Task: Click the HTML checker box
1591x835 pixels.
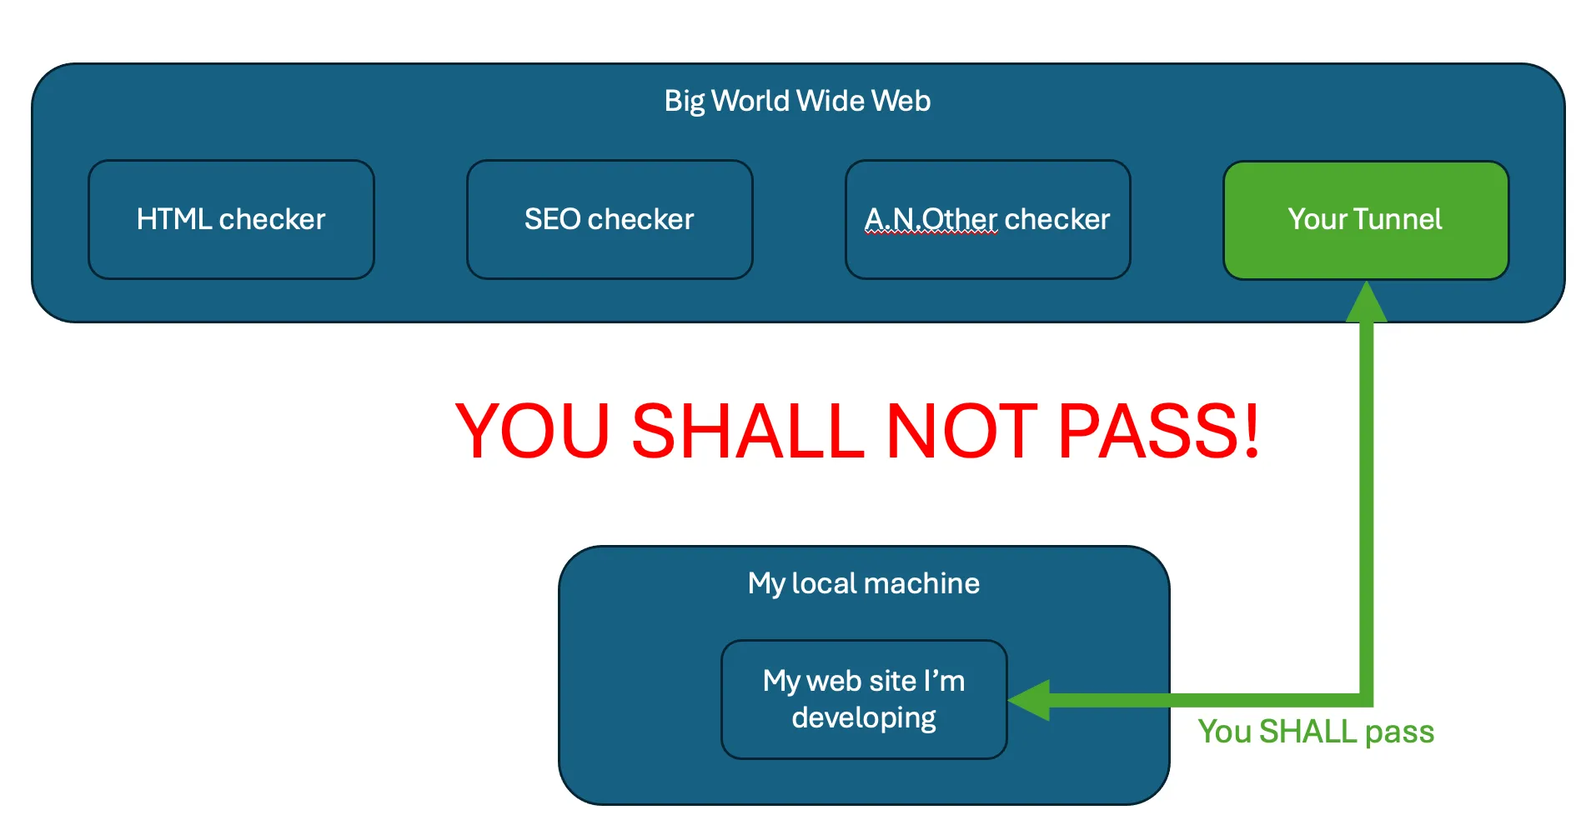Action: click(231, 219)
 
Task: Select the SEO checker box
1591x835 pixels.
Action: click(610, 219)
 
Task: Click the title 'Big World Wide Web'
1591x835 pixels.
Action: click(797, 101)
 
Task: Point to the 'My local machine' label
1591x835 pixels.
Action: click(864, 583)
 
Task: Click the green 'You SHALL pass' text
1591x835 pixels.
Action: click(1316, 732)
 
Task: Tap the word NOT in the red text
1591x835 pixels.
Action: click(961, 431)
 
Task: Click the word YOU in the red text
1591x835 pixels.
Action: click(534, 431)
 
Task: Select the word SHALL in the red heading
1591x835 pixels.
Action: click(748, 431)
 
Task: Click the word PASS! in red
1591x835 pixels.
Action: click(1159, 431)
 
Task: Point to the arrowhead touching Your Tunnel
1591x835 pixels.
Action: click(1367, 302)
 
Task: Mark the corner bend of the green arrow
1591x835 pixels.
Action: click(1366, 699)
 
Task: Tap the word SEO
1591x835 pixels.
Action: click(552, 219)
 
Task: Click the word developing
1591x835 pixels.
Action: click(864, 717)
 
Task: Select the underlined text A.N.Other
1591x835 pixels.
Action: click(931, 219)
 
